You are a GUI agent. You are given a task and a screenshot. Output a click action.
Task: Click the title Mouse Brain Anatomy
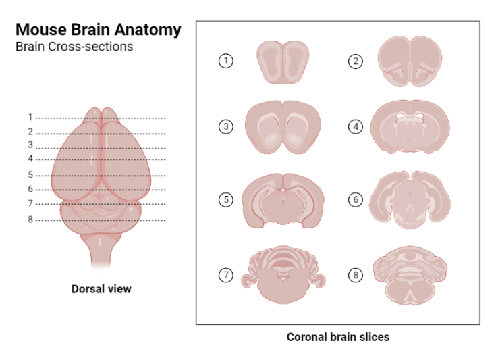(97, 30)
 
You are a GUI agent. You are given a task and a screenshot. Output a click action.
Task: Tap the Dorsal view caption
(101, 289)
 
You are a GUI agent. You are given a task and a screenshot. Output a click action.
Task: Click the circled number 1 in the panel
(227, 61)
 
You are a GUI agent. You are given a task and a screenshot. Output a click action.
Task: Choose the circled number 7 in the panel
(227, 276)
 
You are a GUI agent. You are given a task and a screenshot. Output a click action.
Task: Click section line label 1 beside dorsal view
(30, 117)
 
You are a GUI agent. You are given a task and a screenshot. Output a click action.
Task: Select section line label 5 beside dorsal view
(30, 175)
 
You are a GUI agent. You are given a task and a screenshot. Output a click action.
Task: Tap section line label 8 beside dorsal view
(30, 220)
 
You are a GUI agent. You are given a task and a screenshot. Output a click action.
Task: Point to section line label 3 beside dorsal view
(30, 145)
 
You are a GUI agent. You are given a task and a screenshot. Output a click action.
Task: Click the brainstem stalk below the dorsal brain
(101, 253)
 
